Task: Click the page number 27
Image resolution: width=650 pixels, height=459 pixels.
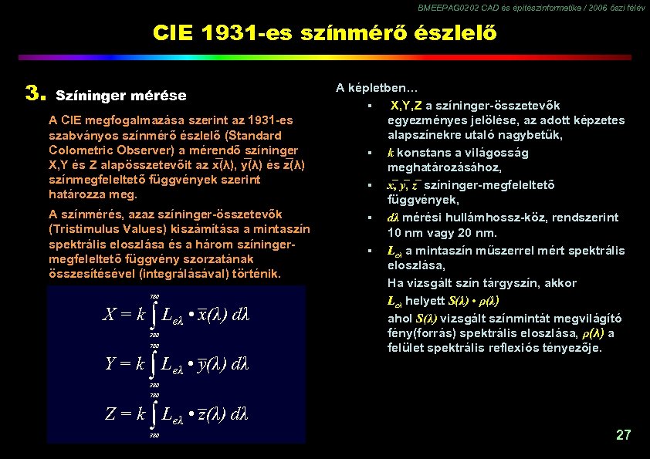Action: pyautogui.click(x=623, y=435)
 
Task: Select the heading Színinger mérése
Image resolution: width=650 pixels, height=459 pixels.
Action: pyautogui.click(x=121, y=96)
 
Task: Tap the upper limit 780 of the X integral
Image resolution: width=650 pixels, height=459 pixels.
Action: pyautogui.click(x=154, y=296)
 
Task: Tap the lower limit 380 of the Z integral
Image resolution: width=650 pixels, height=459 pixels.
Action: pyautogui.click(x=154, y=436)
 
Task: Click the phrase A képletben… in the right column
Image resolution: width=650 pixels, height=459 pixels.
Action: pyautogui.click(x=377, y=88)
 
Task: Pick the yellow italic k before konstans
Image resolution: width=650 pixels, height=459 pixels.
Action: pyautogui.click(x=390, y=153)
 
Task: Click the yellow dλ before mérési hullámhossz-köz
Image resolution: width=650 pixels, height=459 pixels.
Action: pyautogui.click(x=392, y=218)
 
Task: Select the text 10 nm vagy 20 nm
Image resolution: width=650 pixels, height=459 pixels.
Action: pyautogui.click(x=442, y=233)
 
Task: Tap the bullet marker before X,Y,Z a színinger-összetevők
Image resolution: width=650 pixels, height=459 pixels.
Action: pyautogui.click(x=371, y=106)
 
